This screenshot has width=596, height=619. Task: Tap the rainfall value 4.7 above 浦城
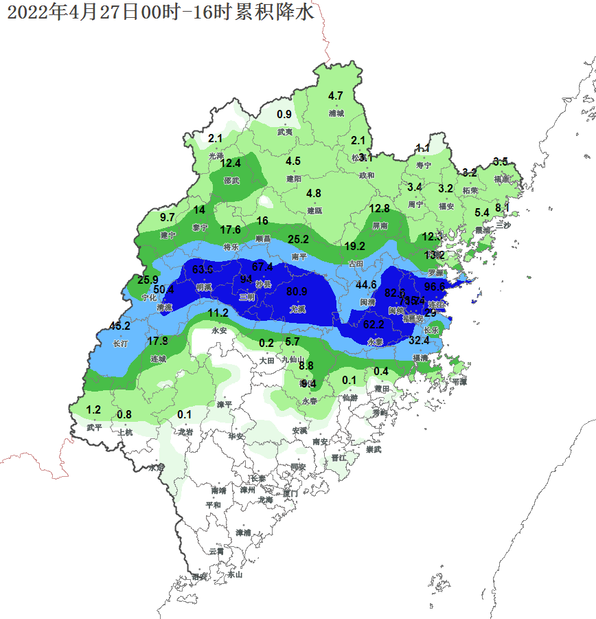coord(336,95)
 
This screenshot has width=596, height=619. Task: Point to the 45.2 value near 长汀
coord(120,326)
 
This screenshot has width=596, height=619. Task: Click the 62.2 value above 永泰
coord(374,324)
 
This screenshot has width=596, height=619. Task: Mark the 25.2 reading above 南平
coord(298,239)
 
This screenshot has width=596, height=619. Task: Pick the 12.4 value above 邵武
coord(231,163)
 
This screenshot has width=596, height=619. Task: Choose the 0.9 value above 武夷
coord(284,114)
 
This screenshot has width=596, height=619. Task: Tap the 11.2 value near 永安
coord(218,313)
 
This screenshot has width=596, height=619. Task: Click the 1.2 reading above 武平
coord(94,409)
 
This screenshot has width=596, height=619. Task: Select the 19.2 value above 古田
coord(354,246)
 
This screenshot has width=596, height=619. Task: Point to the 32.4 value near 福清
coord(419,340)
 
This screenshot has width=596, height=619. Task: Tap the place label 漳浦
coord(243,532)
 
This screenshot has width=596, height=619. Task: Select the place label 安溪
coord(299,431)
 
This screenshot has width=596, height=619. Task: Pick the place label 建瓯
coord(314,211)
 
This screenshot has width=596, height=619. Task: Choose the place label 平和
coord(214,505)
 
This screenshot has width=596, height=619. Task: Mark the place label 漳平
coord(225,405)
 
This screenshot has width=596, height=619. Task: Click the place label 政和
coord(367,175)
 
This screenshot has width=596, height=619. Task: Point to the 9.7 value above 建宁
coord(168,217)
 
